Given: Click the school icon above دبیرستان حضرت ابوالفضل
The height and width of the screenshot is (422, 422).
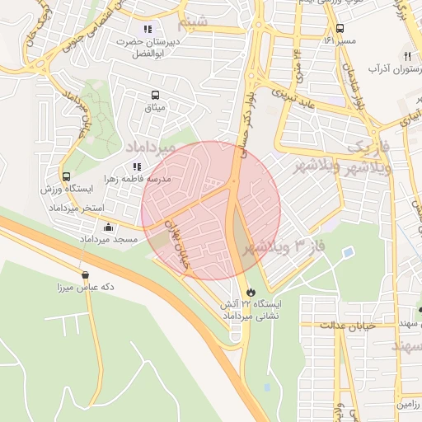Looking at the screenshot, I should coord(148,29).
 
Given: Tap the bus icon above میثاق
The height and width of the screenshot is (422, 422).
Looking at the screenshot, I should coord(155,95).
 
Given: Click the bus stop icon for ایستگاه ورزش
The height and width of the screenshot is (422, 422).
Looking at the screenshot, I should coord(66,176).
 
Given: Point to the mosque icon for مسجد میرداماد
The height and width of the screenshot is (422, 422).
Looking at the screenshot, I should coord(110,227).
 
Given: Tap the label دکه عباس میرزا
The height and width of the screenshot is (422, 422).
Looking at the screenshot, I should coord(85,288).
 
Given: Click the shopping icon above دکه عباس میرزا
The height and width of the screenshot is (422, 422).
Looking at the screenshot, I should coord(85,275).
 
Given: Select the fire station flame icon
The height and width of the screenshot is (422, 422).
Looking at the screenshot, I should coord(251,292).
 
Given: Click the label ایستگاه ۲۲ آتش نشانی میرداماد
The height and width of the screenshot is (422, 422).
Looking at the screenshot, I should coord(251,310).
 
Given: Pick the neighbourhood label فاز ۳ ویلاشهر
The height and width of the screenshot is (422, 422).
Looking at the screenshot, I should coord(284,246).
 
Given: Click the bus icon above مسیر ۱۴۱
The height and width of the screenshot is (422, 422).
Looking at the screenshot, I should coord(340,28).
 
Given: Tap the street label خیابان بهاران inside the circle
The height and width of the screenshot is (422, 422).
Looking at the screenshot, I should coord(180,234).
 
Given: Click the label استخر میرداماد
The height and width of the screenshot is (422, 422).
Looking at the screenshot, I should coord(82,208).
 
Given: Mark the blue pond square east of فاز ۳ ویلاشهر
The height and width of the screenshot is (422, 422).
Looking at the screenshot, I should coord(349,251).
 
